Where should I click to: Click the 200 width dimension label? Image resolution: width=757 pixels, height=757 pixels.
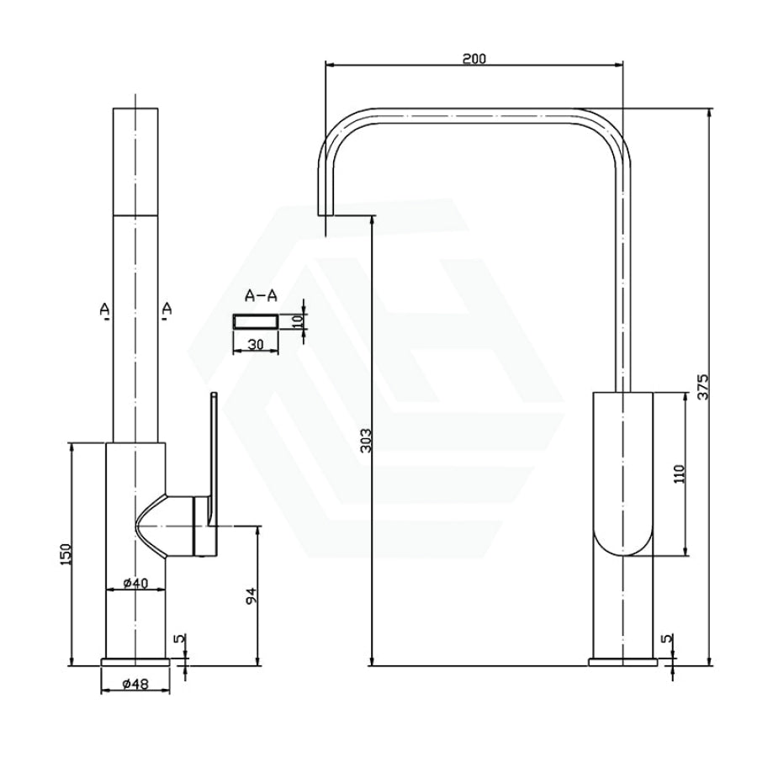click(474, 58)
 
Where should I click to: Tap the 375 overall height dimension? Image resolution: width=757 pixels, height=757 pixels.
click(703, 386)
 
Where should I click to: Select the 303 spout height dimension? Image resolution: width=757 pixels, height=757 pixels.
click(367, 440)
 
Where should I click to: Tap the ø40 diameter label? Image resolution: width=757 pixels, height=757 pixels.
click(135, 583)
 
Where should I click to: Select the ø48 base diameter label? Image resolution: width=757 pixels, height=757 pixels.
click(135, 684)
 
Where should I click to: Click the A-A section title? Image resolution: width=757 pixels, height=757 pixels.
click(262, 295)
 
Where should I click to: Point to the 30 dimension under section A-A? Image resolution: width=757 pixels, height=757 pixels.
click(256, 344)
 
